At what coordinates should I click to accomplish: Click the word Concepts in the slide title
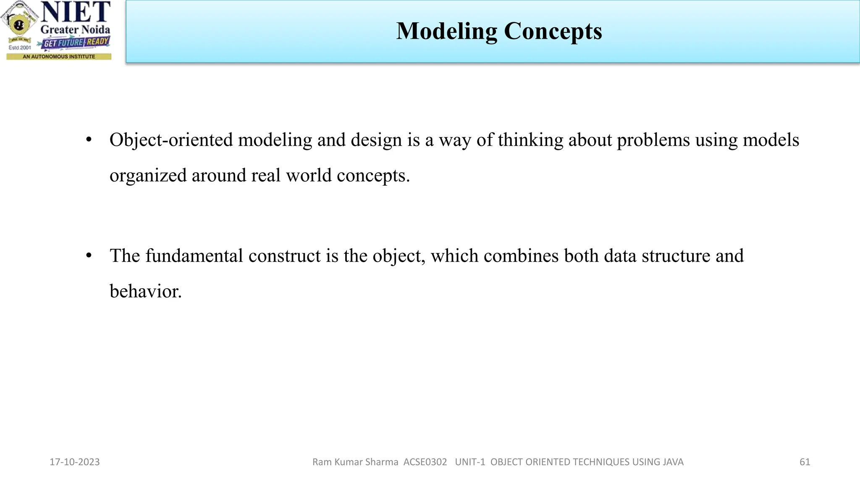point(553,32)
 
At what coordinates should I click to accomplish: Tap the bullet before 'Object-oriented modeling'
point(89,140)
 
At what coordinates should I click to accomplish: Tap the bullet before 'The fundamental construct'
point(89,256)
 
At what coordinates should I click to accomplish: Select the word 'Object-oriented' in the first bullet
point(171,140)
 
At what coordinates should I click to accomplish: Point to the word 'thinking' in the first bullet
point(530,140)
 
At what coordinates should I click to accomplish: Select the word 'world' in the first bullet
point(309,175)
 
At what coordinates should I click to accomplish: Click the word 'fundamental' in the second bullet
point(194,256)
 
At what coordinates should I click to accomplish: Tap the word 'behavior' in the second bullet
point(145,291)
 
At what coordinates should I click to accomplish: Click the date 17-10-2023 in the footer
point(75,462)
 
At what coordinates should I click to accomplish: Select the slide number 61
point(805,462)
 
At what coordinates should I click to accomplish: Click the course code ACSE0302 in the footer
point(425,462)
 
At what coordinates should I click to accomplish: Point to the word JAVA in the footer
point(673,462)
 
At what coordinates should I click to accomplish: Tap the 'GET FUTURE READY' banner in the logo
point(76,42)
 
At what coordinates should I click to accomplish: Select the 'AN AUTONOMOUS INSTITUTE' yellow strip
point(59,56)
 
